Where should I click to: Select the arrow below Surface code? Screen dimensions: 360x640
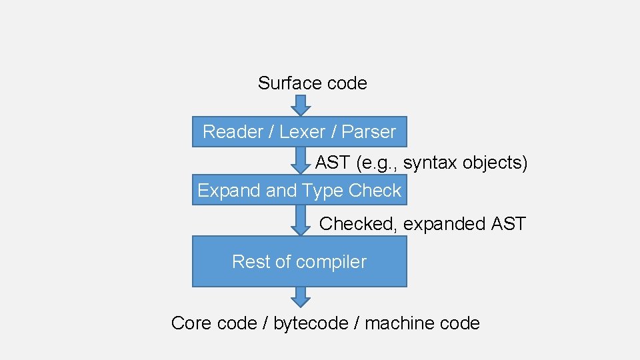click(x=300, y=105)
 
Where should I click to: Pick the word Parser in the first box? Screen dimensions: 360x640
click(x=369, y=132)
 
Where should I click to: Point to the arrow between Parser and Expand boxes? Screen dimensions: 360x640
click(x=300, y=161)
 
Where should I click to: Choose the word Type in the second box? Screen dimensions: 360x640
click(x=322, y=191)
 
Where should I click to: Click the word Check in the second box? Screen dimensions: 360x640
click(x=375, y=191)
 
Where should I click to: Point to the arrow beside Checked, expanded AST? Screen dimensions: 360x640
click(x=300, y=220)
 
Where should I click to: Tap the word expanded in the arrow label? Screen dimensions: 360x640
click(x=445, y=224)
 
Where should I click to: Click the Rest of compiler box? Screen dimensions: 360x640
click(x=299, y=261)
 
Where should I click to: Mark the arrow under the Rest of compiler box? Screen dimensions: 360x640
click(x=300, y=297)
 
